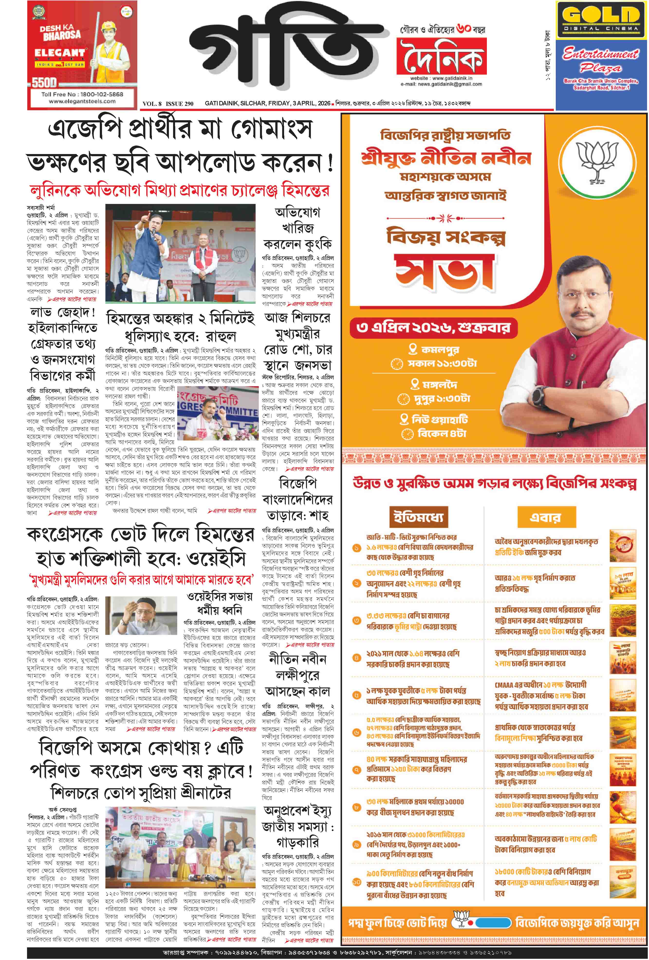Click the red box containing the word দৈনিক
441,56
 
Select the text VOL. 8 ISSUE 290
168,104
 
